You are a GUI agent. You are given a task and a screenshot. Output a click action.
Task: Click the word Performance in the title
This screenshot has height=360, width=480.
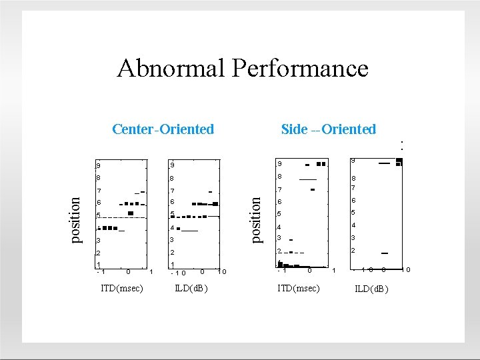[x=299, y=68]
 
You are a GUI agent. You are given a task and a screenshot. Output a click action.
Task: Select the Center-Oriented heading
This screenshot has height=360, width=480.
[x=163, y=129]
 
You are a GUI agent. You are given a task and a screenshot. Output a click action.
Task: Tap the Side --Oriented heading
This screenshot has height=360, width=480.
[x=329, y=129]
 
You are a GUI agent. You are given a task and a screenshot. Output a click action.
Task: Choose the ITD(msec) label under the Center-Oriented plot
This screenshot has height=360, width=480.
[x=121, y=288]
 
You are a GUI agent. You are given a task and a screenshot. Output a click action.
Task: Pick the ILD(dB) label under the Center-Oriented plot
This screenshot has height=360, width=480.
[x=191, y=288]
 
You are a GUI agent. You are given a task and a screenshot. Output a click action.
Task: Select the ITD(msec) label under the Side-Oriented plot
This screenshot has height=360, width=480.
[x=299, y=288]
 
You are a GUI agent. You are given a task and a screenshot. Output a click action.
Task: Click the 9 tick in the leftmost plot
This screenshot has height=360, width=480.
[x=98, y=166]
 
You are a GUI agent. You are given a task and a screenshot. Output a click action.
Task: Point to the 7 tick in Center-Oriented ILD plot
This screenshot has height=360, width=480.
[x=172, y=191]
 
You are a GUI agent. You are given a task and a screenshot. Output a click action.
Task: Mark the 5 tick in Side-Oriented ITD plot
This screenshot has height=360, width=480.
[x=280, y=214]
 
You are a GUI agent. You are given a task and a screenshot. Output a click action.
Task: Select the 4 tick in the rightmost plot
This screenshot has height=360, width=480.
[x=353, y=225]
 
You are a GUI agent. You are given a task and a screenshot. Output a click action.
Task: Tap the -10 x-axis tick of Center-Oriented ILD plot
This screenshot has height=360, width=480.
[x=179, y=272]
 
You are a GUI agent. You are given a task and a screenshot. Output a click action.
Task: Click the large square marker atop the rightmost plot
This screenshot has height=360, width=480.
[x=399, y=161]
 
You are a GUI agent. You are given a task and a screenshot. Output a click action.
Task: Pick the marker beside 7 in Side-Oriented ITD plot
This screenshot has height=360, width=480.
[x=311, y=190]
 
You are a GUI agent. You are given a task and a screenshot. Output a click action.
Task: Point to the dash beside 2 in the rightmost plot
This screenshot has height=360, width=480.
[x=385, y=253]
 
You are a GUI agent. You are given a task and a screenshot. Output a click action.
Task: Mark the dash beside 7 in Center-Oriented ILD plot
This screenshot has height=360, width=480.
[x=210, y=192]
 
